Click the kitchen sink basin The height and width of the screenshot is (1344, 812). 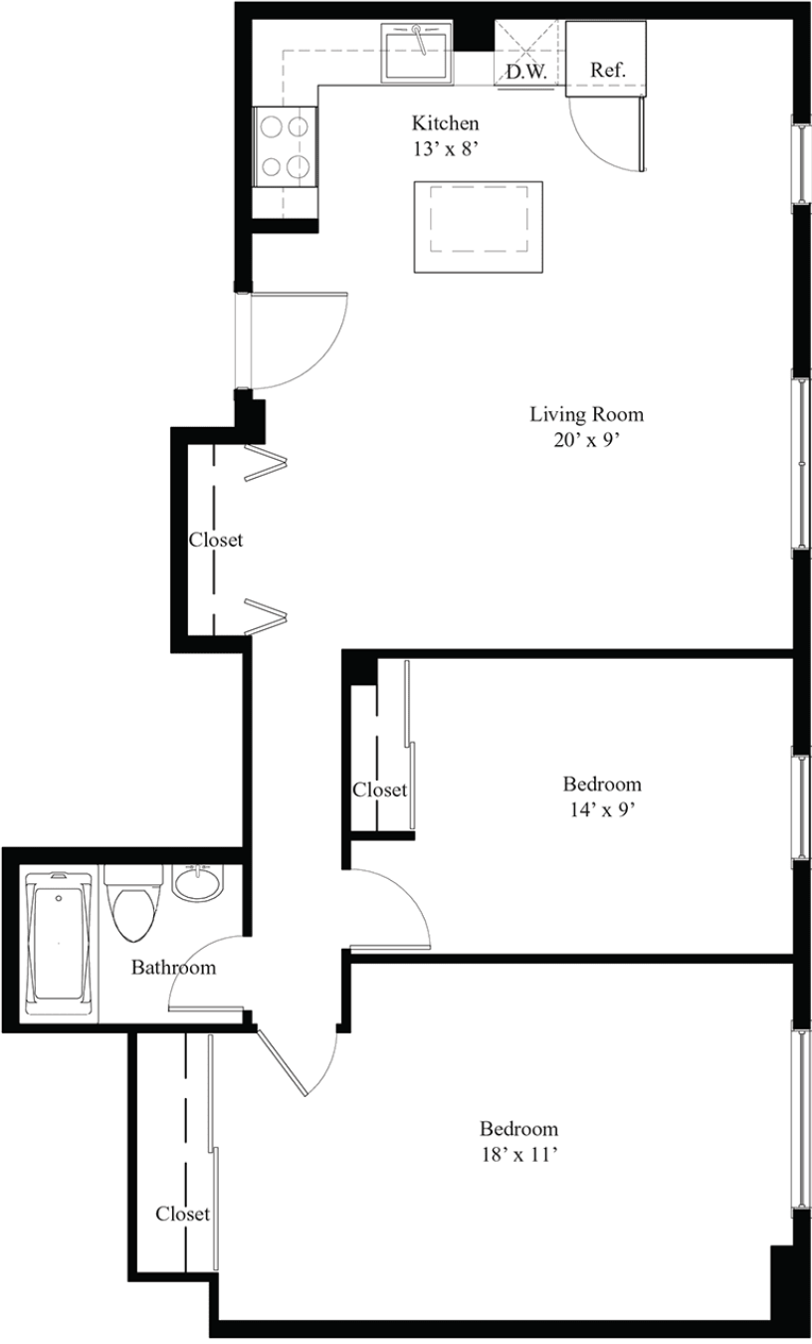pyautogui.click(x=417, y=54)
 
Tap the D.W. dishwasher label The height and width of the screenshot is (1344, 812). pyautogui.click(x=526, y=72)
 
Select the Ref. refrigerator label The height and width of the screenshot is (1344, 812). pyautogui.click(x=608, y=70)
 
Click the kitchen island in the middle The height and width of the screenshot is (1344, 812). pyautogui.click(x=479, y=227)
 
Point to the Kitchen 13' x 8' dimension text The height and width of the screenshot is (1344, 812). pyautogui.click(x=445, y=135)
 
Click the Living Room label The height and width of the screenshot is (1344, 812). pyautogui.click(x=586, y=414)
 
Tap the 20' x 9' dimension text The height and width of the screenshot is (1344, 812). pyautogui.click(x=586, y=440)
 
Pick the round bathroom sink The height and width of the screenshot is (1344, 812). pyautogui.click(x=198, y=882)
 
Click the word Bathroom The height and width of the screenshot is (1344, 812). pyautogui.click(x=173, y=968)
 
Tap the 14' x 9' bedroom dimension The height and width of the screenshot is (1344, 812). pyautogui.click(x=601, y=810)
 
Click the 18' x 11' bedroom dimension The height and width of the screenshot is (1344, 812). pyautogui.click(x=519, y=1156)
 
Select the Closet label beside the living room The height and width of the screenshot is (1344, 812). pyautogui.click(x=216, y=540)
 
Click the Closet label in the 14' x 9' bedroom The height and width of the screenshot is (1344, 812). pyautogui.click(x=379, y=789)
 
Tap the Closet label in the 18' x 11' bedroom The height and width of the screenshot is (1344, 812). pyautogui.click(x=182, y=1214)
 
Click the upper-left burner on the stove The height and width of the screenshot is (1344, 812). pyautogui.click(x=271, y=126)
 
